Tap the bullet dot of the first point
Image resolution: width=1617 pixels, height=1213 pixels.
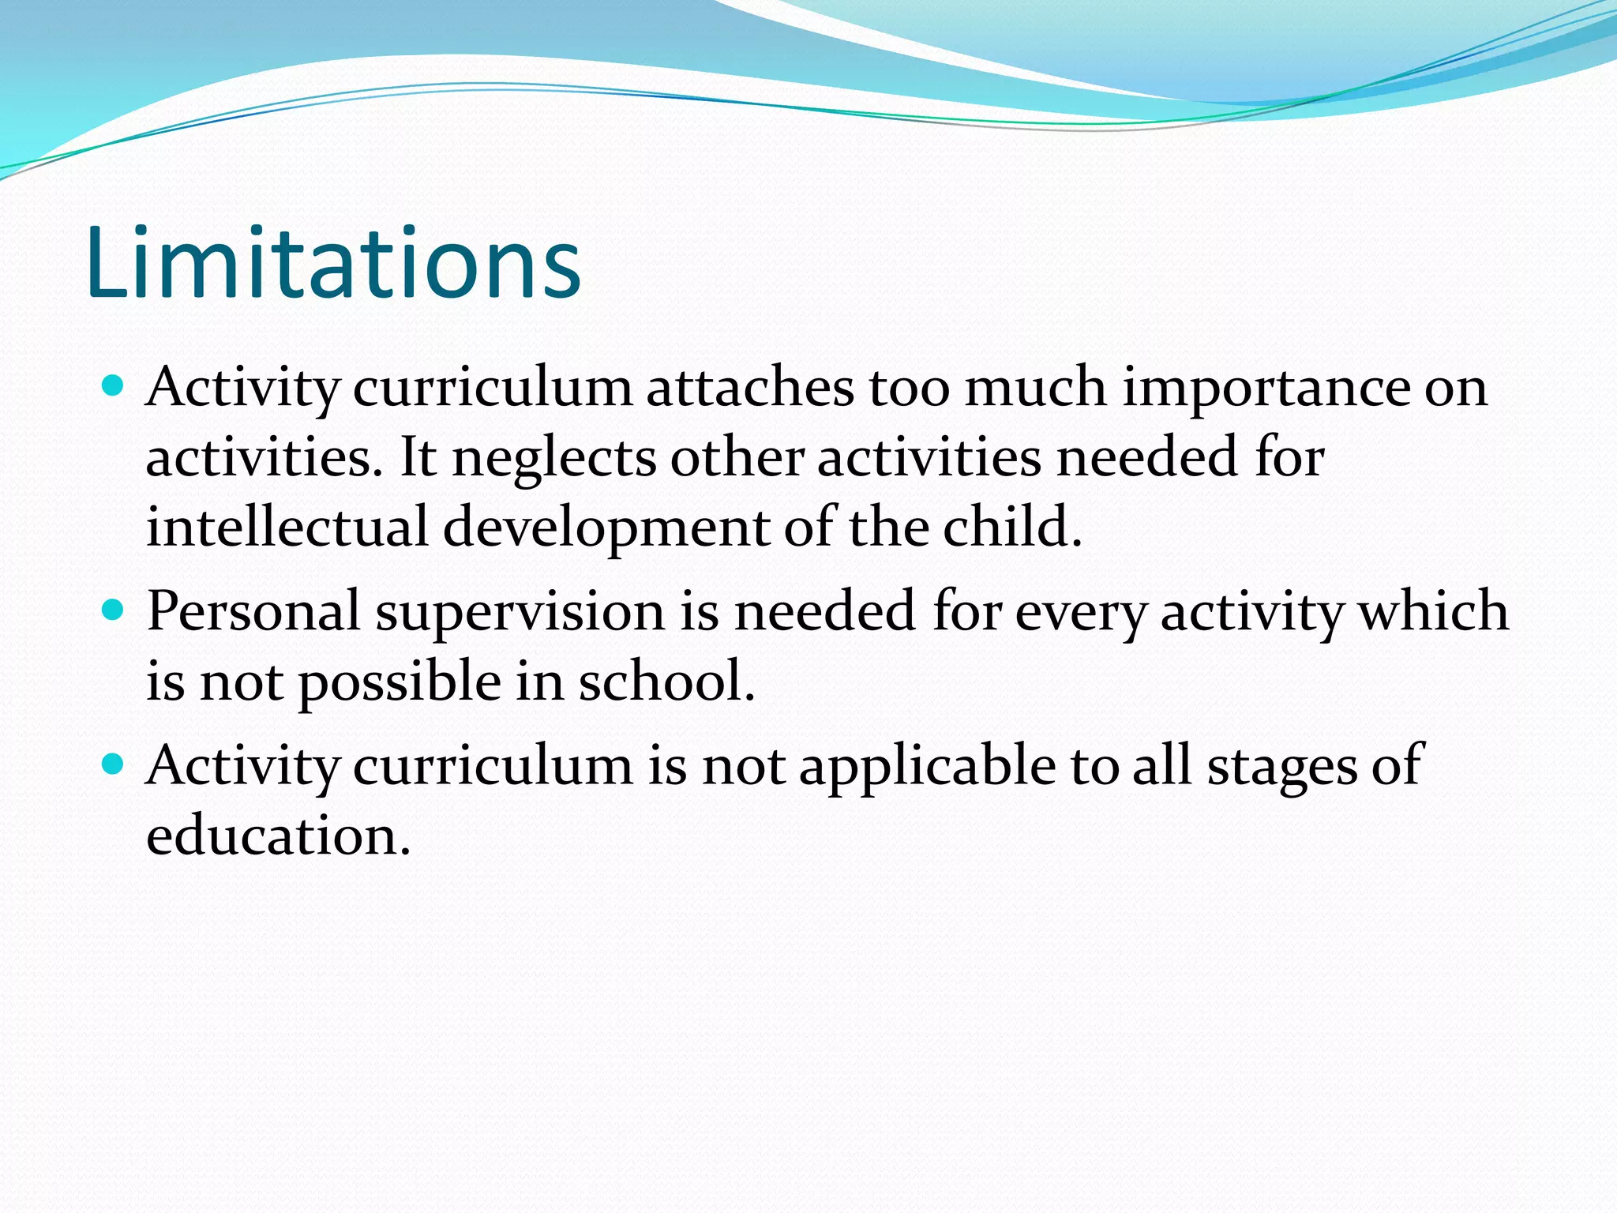[114, 385]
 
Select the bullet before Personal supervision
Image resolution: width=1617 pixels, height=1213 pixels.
[114, 610]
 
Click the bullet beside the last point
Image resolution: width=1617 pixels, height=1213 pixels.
[114, 764]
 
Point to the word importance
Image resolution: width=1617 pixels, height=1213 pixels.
[1266, 389]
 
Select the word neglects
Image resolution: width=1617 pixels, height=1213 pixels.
[553, 458]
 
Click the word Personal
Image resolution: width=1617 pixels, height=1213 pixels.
[253, 611]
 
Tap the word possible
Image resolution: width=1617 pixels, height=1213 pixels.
[400, 682]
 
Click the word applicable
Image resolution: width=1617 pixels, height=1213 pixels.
[927, 766]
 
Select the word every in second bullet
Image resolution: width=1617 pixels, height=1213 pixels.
[1079, 613]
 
